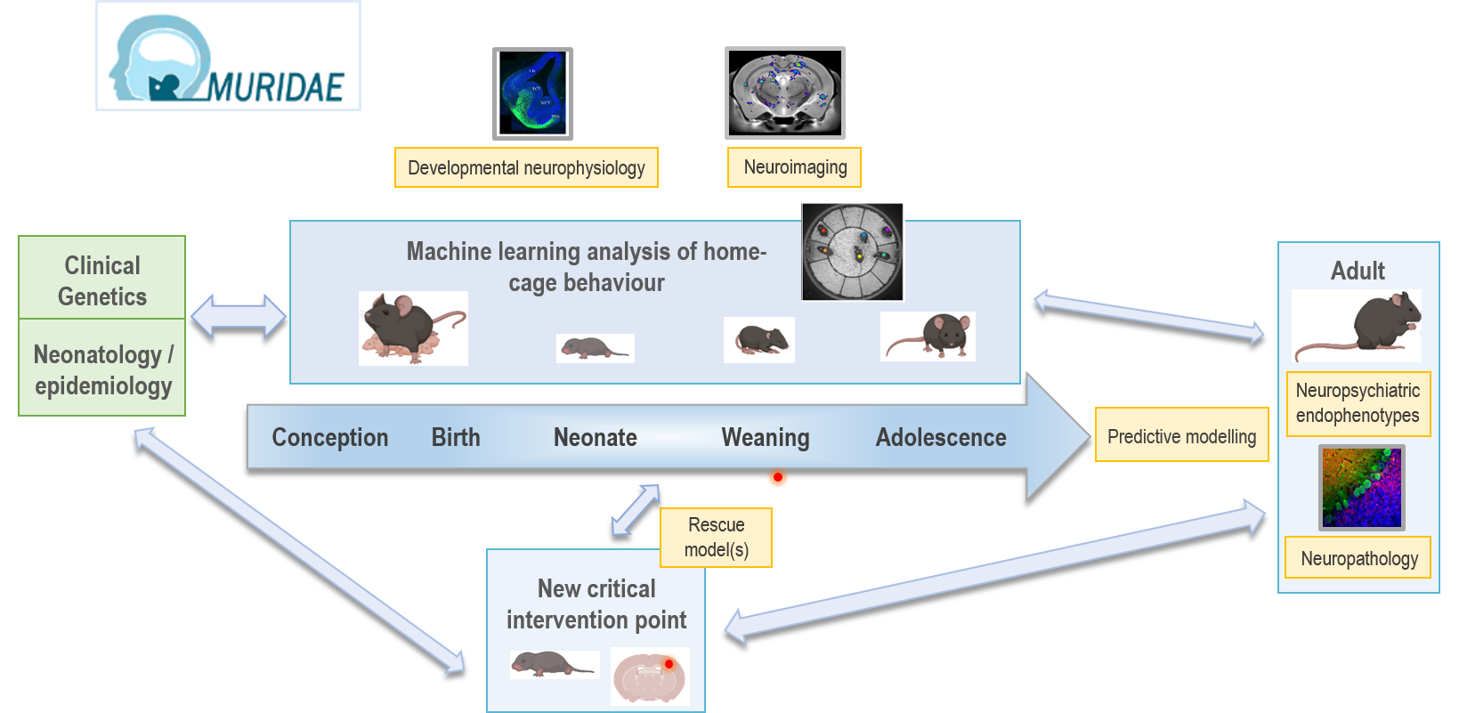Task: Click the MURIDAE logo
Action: click(228, 56)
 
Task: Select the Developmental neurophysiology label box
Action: click(526, 167)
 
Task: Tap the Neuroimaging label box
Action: click(795, 167)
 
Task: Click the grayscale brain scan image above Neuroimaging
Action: click(785, 93)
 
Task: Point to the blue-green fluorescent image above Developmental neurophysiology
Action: click(532, 93)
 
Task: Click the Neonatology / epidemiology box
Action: click(102, 369)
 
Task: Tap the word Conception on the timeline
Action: click(329, 437)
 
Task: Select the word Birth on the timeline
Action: click(456, 437)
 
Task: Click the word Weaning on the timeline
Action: click(766, 437)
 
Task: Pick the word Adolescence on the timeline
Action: click(941, 437)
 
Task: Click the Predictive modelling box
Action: click(1181, 435)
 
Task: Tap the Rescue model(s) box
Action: click(716, 538)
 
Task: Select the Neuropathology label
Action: click(1358, 558)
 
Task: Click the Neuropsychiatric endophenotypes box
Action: click(1358, 403)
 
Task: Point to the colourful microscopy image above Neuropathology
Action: click(1361, 488)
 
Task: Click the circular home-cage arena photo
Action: click(853, 252)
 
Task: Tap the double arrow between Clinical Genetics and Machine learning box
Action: click(239, 316)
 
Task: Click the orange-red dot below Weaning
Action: click(778, 480)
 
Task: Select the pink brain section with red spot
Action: click(650, 677)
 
